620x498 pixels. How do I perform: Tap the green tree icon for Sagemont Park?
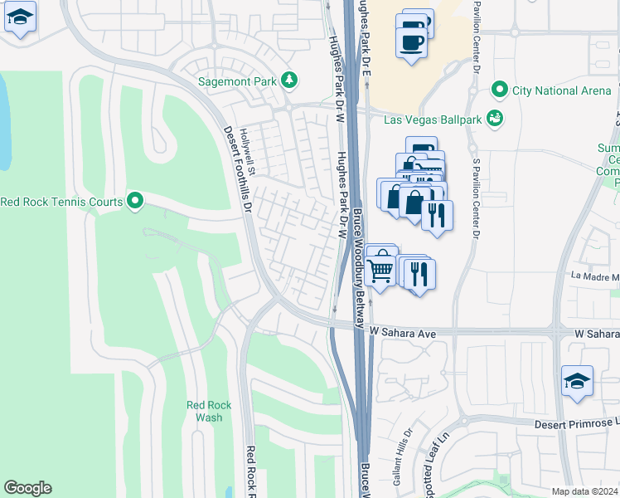click(x=288, y=80)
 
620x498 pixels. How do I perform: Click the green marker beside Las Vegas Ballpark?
click(x=495, y=119)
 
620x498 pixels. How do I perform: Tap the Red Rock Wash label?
click(x=209, y=411)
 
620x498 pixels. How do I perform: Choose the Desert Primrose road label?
click(x=572, y=423)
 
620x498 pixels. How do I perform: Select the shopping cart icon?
click(x=380, y=267)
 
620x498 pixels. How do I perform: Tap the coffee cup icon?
click(x=412, y=39)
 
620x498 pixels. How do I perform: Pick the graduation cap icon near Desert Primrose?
click(x=577, y=380)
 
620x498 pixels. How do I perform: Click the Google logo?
click(x=27, y=488)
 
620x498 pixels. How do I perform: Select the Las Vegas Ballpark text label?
click(x=433, y=120)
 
